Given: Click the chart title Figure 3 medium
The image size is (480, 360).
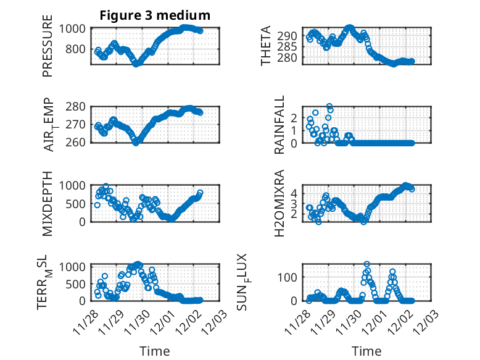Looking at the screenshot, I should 155,15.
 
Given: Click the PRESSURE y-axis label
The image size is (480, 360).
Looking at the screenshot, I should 48,51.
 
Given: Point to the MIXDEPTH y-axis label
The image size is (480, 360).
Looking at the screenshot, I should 48,203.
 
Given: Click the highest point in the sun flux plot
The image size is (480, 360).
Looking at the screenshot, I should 367,264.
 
